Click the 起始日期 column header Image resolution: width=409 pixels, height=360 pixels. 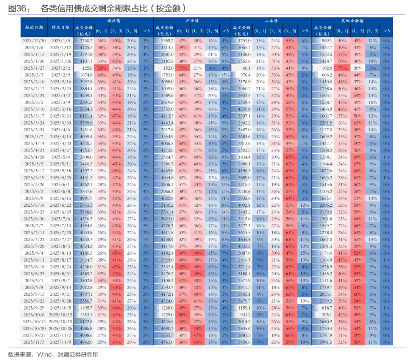tap(34, 27)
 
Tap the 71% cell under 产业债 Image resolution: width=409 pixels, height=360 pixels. tap(183, 68)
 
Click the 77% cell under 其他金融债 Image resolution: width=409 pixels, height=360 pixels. tap(342, 68)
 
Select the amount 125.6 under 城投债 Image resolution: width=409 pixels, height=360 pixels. tap(87, 68)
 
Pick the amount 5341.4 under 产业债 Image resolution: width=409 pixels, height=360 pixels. tap(164, 212)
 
